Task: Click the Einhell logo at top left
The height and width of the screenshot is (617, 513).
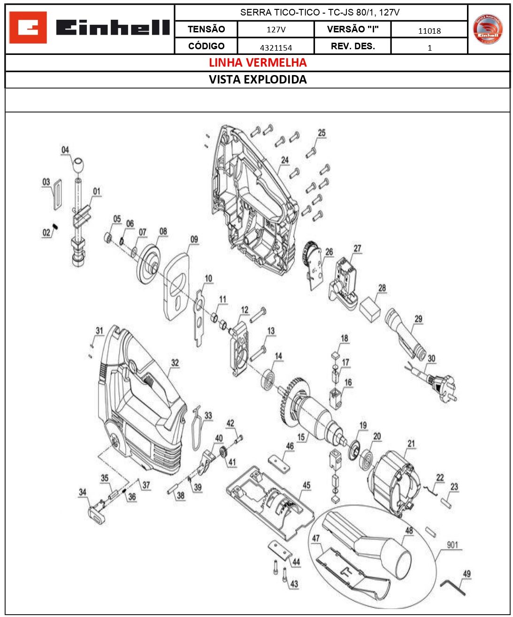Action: [89, 28]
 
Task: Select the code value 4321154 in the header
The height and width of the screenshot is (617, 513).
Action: [276, 47]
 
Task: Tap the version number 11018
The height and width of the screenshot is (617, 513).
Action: [429, 31]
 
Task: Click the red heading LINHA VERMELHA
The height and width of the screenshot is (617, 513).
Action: [257, 62]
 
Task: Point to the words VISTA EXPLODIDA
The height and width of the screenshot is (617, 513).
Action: [257, 79]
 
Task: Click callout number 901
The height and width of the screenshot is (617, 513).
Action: [452, 545]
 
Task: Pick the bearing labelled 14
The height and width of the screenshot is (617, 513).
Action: [269, 379]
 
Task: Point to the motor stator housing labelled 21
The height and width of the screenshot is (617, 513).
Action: [392, 483]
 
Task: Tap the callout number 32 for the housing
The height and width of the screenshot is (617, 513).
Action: [175, 363]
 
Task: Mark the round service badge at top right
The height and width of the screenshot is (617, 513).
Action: [488, 29]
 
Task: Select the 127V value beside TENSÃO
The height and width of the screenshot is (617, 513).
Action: [276, 30]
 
